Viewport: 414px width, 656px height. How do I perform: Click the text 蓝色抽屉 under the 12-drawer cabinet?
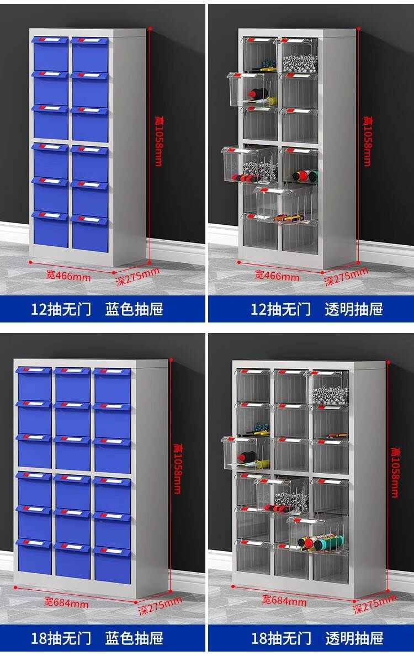pyautogui.click(x=134, y=309)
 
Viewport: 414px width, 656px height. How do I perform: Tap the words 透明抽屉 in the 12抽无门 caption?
pyautogui.click(x=353, y=309)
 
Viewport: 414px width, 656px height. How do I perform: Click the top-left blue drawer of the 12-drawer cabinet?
pyautogui.click(x=51, y=55)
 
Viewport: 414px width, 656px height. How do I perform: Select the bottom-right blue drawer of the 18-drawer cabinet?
pyautogui.click(x=113, y=564)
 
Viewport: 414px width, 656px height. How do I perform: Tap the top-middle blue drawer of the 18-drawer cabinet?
pyautogui.click(x=72, y=385)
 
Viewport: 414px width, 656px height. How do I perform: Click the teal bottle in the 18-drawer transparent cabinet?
pyautogui.click(x=320, y=543)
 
